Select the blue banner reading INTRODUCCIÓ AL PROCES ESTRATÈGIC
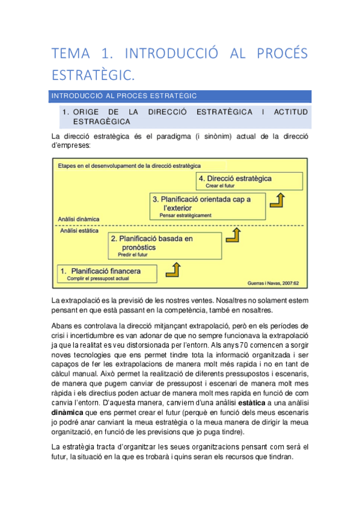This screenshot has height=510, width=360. (x=181, y=96)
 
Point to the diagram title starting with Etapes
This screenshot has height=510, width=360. (x=129, y=165)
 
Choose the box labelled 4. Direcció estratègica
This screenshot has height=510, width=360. (x=249, y=181)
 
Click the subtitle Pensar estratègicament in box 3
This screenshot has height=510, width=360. (x=186, y=215)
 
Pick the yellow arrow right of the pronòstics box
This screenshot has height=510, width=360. (x=231, y=238)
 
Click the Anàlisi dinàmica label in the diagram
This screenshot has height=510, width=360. (x=79, y=220)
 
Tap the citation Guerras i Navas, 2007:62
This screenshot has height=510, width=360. (x=273, y=283)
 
